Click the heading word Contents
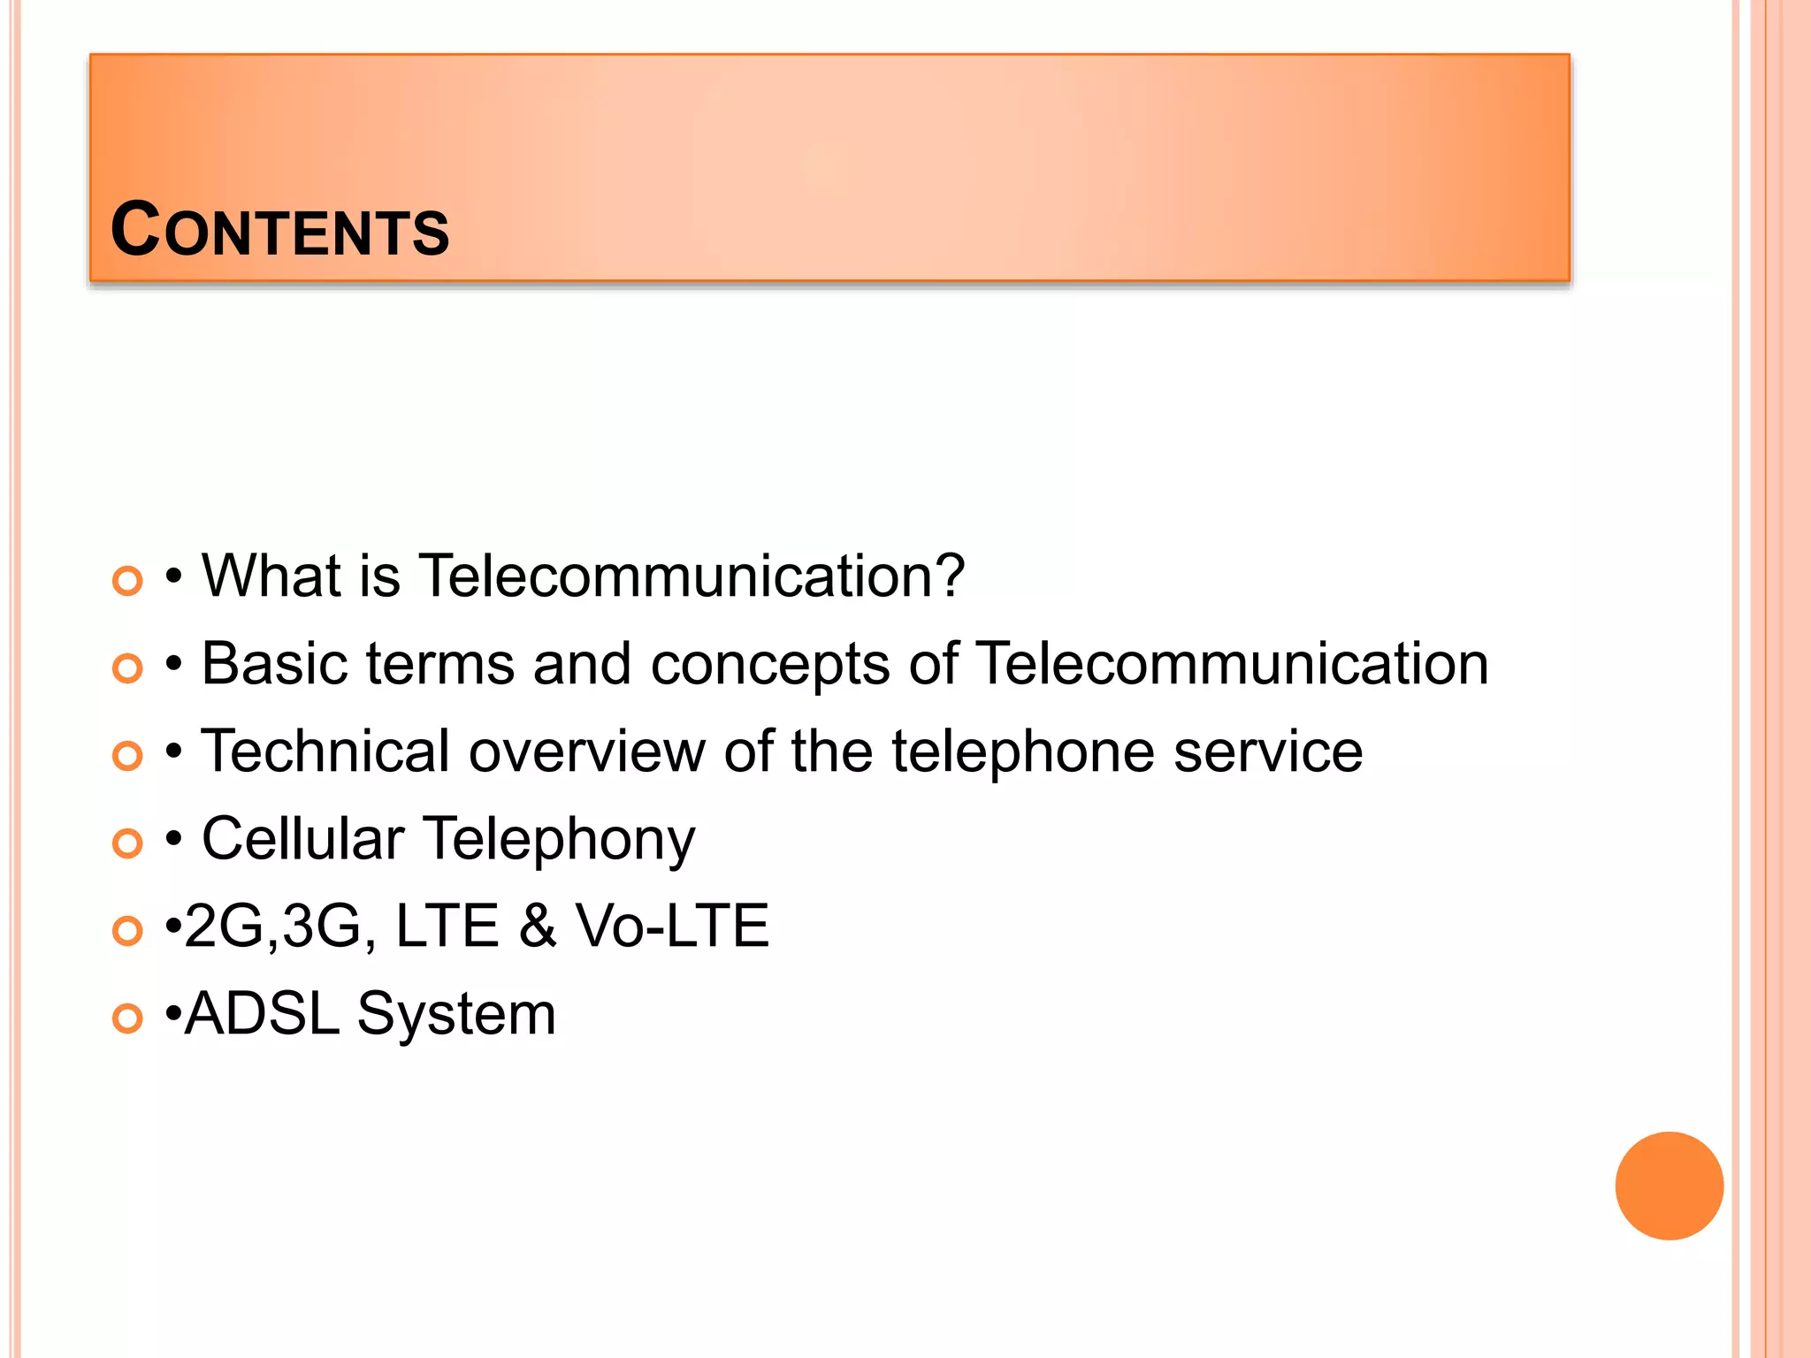[279, 230]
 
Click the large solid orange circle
[1669, 1186]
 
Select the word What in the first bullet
[271, 576]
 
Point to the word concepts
[769, 665]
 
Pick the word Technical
[325, 751]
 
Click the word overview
[586, 751]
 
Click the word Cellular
[302, 838]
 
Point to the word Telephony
[559, 840]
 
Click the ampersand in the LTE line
[538, 927]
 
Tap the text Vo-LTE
[672, 926]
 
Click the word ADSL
[263, 1013]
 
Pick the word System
[456, 1015]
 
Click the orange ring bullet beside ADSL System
[127, 1018]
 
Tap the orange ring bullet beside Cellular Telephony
[127, 843]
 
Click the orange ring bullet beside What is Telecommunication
[127, 581]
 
